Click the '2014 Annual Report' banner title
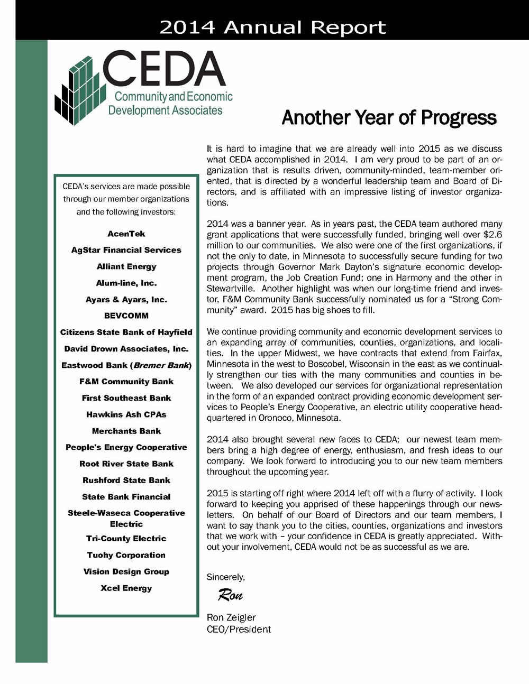tap(272, 26)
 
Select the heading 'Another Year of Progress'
tap(389, 117)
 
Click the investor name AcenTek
tap(126, 234)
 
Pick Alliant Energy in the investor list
tap(126, 266)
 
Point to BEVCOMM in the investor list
tap(126, 316)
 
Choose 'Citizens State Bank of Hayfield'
tap(126, 332)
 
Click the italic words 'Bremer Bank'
tap(161, 365)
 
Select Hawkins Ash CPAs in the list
tap(126, 414)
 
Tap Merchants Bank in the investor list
tap(126, 431)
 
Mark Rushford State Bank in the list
tap(126, 480)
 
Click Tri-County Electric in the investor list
tap(126, 538)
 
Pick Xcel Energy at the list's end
tap(126, 588)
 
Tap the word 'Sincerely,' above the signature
tap(226, 577)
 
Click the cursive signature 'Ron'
tap(230, 596)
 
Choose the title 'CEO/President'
tap(239, 629)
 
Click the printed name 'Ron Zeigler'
tap(231, 617)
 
